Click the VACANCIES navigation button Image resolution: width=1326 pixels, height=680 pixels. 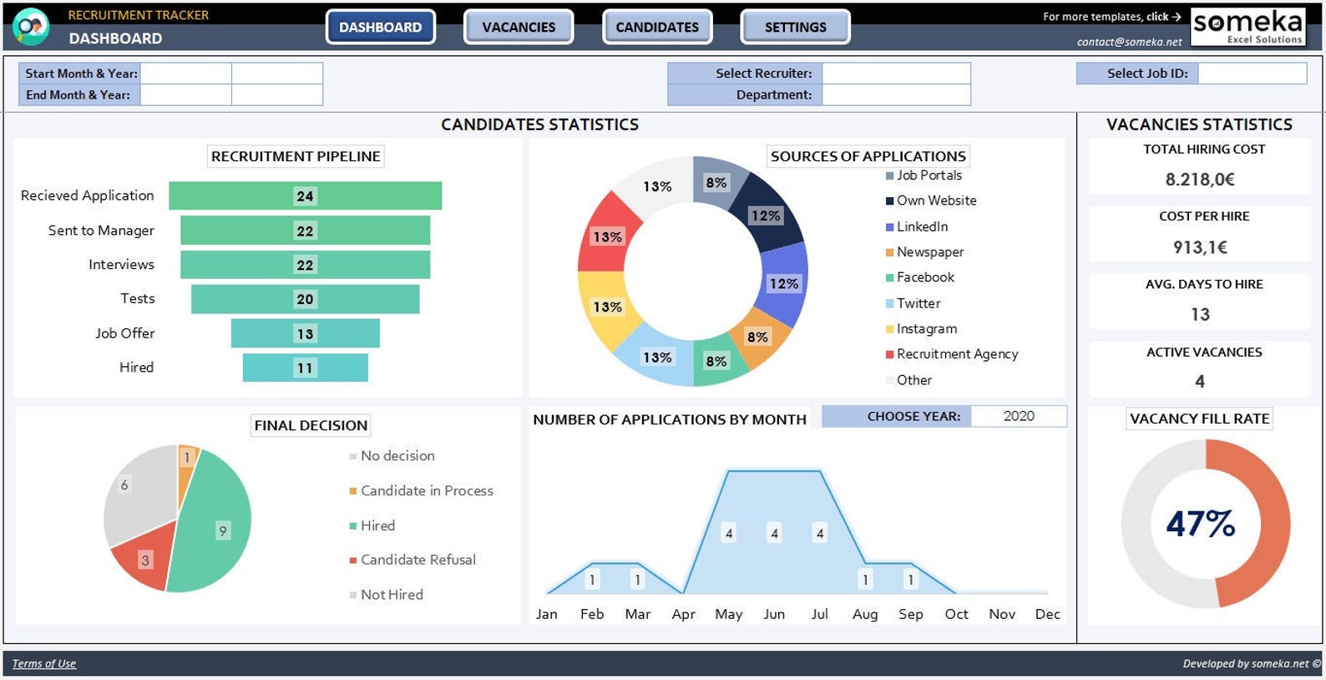pos(518,27)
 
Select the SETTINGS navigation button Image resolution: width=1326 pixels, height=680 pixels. pos(795,27)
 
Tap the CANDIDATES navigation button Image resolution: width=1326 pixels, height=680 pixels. pos(657,27)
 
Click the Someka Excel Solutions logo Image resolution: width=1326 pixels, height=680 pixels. pos(1248,27)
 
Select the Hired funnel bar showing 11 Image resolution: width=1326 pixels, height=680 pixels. pos(305,368)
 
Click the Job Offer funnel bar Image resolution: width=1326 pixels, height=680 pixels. pos(305,333)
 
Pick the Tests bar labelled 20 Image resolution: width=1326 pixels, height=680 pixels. pos(305,299)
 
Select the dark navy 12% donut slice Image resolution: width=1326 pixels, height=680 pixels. pos(766,215)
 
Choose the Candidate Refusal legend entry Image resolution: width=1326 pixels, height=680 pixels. pos(418,560)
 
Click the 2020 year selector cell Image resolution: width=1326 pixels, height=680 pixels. pos(1018,416)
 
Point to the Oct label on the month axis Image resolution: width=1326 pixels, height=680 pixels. pos(956,614)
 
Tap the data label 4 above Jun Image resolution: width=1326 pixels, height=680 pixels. pos(774,533)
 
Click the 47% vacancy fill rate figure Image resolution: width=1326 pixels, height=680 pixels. pos(1200,524)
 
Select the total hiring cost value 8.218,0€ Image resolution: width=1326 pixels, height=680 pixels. pos(1200,180)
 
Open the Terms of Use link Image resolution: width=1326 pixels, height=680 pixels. pos(43,663)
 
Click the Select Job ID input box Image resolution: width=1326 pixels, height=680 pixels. pos(1252,74)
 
